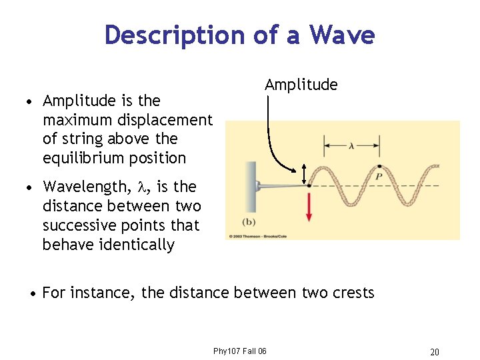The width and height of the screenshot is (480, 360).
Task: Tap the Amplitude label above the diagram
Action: point(301,85)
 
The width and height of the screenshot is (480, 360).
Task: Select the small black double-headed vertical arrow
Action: point(304,174)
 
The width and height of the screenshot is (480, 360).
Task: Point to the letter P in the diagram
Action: point(378,177)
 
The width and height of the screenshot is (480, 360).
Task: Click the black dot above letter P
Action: point(379,165)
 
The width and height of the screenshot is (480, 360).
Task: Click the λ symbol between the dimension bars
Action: point(351,143)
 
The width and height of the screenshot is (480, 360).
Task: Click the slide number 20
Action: point(434,352)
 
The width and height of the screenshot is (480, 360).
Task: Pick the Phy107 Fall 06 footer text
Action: point(239,351)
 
